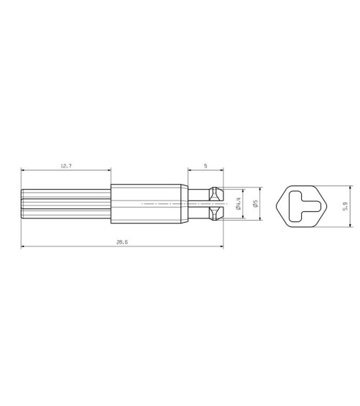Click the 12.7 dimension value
pyautogui.click(x=66, y=166)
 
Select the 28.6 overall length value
pyautogui.click(x=122, y=242)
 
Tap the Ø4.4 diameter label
pyautogui.click(x=239, y=204)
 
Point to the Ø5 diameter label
pyautogui.click(x=256, y=203)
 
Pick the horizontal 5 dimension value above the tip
pyautogui.click(x=206, y=166)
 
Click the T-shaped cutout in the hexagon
pyautogui.click(x=304, y=206)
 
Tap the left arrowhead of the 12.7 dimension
pyautogui.click(x=23, y=170)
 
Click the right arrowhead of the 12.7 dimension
pyautogui.click(x=109, y=170)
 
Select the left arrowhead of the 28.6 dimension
pyautogui.click(x=23, y=246)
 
